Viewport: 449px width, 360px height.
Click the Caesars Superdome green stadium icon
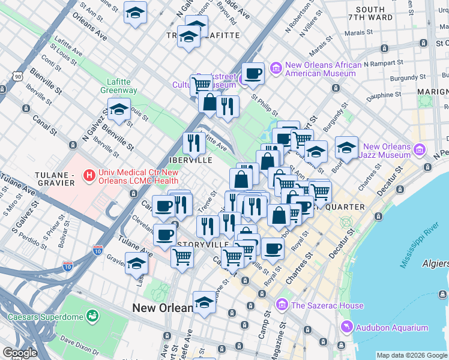point(92,315)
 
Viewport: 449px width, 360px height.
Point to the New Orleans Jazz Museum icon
point(420,149)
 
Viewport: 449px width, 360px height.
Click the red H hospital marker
point(89,176)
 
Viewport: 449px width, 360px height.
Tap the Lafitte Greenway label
point(114,86)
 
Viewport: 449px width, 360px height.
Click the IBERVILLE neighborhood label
point(190,161)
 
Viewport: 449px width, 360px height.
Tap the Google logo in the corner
point(20,353)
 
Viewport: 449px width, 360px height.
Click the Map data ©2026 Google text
point(411,355)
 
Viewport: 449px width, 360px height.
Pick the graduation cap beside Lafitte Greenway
point(119,110)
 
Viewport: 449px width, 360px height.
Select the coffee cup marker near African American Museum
point(253,74)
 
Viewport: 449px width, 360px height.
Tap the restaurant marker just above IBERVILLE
point(193,143)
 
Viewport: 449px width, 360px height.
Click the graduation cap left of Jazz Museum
point(346,147)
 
